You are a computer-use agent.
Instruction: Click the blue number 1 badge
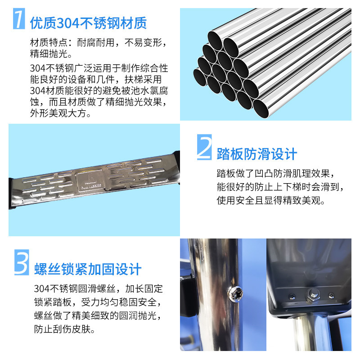[19, 18]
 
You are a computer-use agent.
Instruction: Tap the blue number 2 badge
[204, 147]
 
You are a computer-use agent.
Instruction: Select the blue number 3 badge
[22, 262]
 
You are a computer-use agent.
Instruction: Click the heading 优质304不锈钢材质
[88, 23]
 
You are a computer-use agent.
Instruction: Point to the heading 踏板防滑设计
[257, 154]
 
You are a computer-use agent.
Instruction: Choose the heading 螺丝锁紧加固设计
[88, 269]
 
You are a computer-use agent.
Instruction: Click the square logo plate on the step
[91, 181]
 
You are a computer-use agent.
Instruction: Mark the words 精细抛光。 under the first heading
[51, 54]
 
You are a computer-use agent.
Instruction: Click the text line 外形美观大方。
[60, 113]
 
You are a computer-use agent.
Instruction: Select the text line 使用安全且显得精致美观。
[271, 200]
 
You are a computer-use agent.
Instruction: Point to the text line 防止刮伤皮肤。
[64, 329]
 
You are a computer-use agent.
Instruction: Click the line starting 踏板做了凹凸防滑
[275, 173]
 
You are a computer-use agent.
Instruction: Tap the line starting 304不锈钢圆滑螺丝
[99, 288]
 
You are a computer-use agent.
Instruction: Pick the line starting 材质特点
[99, 42]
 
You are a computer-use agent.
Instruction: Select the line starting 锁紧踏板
[98, 302]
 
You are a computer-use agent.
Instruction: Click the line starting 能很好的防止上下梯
[280, 187]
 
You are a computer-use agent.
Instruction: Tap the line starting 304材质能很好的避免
[99, 91]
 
